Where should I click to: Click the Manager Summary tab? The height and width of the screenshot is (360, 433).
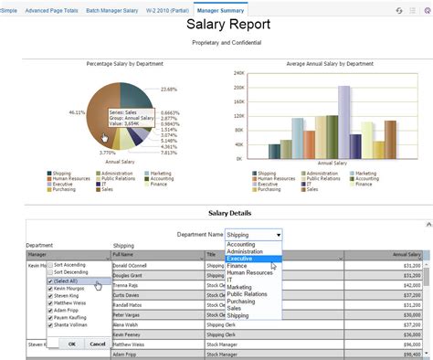[x=219, y=9]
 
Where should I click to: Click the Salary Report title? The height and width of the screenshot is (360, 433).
[x=216, y=26]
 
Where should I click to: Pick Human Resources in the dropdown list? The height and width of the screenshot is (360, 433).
[x=248, y=272]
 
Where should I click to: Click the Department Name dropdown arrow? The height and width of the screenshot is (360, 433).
[x=279, y=234]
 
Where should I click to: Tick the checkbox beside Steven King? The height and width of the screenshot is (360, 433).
[x=50, y=295]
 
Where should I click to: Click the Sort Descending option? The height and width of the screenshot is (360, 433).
[x=71, y=272]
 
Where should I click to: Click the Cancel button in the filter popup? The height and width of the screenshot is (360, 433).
[x=97, y=344]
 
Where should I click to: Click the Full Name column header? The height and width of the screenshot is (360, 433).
[x=123, y=256]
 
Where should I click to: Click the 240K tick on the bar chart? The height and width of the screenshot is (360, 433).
[x=238, y=73]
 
